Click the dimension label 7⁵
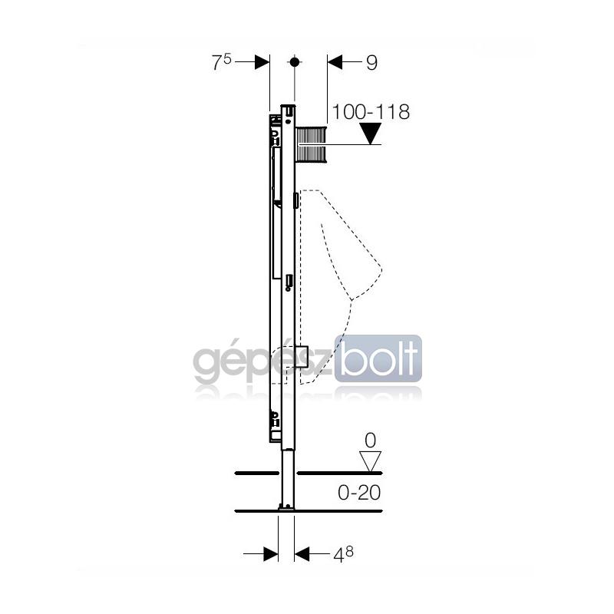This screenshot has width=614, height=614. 222,62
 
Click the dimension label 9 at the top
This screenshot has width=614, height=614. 371,63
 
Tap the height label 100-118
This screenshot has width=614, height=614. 371,112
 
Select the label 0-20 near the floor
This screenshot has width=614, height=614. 359,492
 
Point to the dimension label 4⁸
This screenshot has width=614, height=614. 343,553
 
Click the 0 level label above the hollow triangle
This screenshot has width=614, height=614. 370,441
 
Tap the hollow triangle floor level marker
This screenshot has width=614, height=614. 371,462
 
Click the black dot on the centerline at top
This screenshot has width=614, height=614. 295,62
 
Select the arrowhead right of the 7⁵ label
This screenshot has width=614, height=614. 262,62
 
